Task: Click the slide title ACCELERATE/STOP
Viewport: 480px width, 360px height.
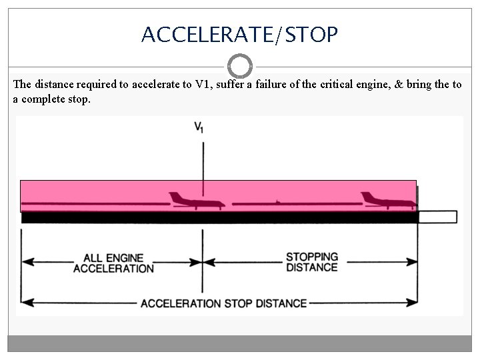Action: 239,34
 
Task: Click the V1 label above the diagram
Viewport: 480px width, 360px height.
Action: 199,127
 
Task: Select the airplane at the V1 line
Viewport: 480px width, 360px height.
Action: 195,200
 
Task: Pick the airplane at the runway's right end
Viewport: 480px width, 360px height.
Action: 387,200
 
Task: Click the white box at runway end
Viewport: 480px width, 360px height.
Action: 437,217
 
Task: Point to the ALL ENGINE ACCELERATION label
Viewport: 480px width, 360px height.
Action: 113,263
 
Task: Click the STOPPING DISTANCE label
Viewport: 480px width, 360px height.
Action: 311,262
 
